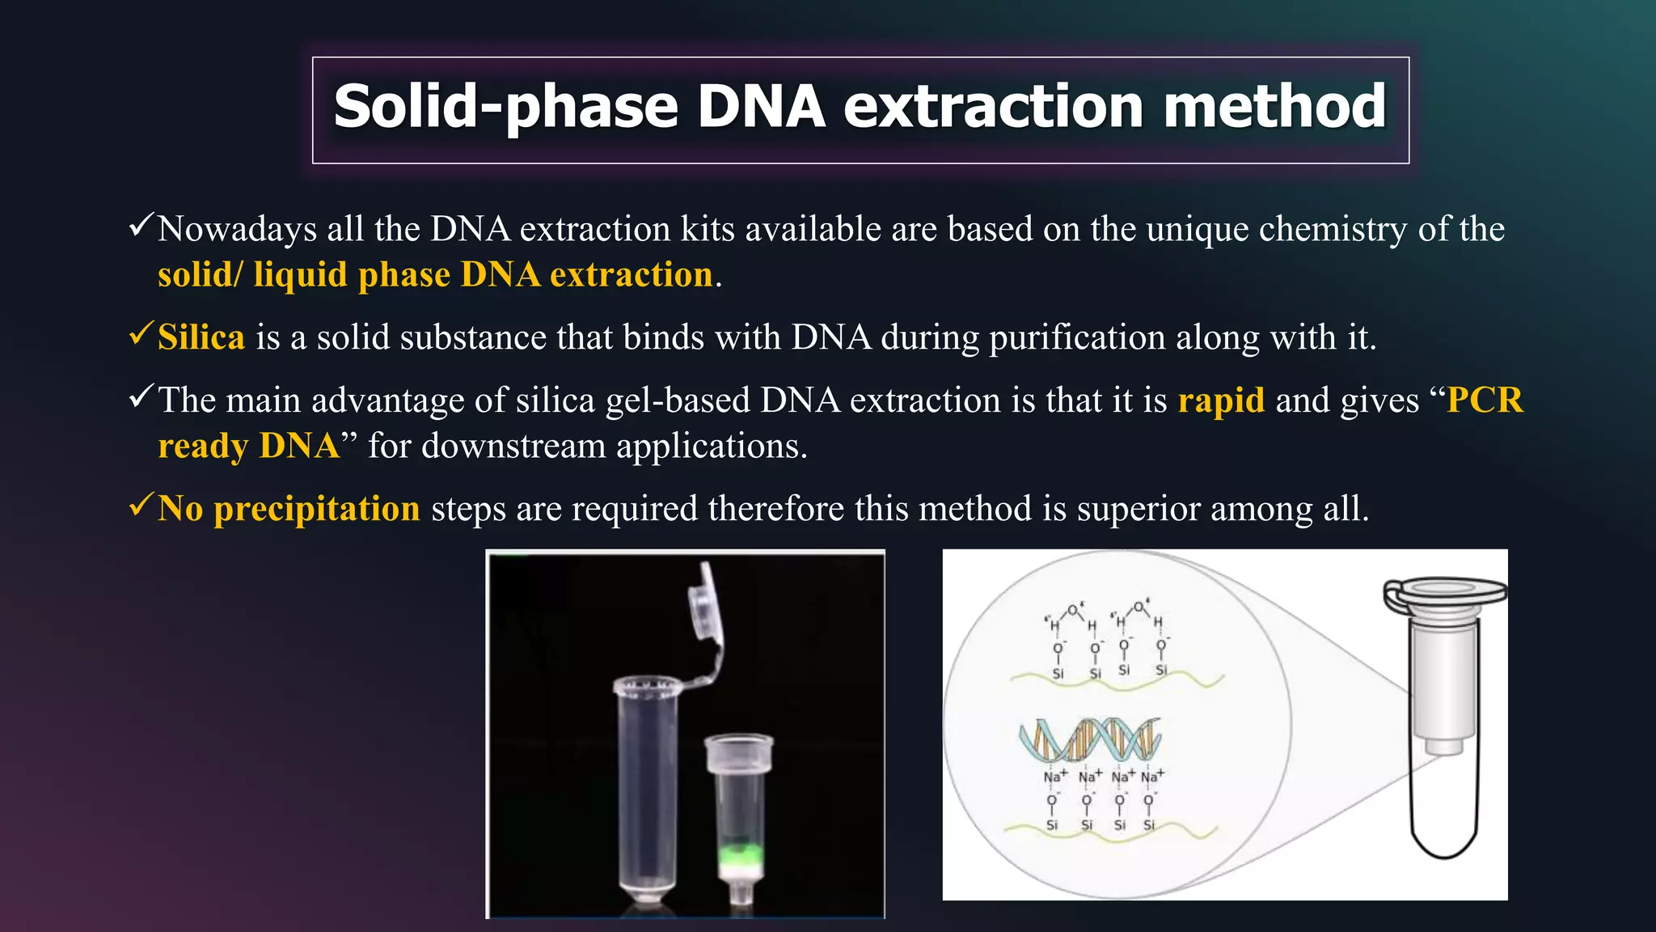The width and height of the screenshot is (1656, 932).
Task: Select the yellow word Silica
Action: [201, 337]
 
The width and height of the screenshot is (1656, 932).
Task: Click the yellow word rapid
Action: [1221, 400]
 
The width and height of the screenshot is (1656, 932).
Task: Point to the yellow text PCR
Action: [1485, 400]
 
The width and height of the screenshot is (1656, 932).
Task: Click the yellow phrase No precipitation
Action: [289, 509]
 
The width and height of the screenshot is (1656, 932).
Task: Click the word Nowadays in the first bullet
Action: [237, 229]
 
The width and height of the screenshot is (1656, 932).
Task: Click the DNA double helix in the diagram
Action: [1089, 739]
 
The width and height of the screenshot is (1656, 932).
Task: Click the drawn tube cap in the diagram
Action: [1445, 595]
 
